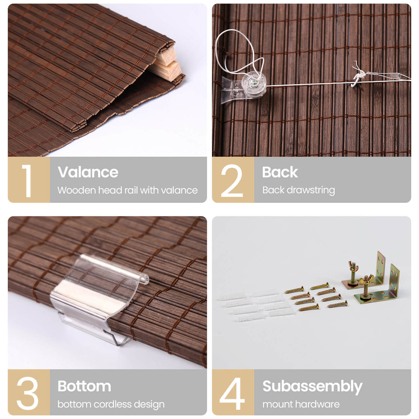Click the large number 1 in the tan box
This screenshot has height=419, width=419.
pyautogui.click(x=28, y=181)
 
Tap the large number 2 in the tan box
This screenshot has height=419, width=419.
pyautogui.click(x=232, y=181)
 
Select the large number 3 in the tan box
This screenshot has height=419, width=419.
pyautogui.click(x=28, y=393)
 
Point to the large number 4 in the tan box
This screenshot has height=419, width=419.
pyautogui.click(x=232, y=393)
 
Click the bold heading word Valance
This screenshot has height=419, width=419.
pyautogui.click(x=88, y=172)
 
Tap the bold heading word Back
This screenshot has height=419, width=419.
pyautogui.click(x=280, y=172)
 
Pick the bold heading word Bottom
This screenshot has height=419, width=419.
pyautogui.click(x=85, y=386)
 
